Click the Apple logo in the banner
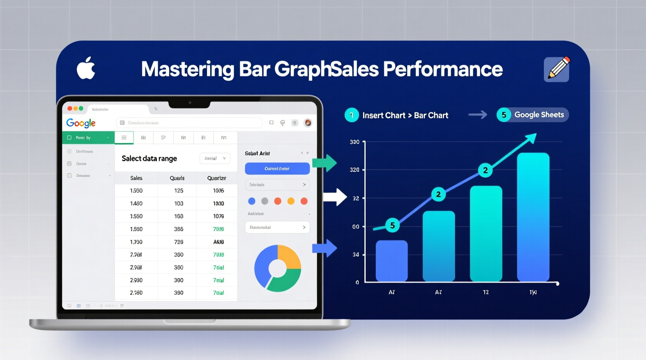click(86, 68)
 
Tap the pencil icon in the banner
click(557, 69)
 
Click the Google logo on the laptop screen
click(81, 123)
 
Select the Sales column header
click(136, 178)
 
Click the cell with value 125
click(179, 190)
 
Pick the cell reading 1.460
click(136, 203)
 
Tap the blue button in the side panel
click(277, 169)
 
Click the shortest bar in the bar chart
click(392, 261)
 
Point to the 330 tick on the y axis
click(354, 142)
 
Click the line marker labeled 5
click(392, 225)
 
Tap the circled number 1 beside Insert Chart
click(352, 115)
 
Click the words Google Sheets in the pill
click(539, 115)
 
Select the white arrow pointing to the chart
click(335, 197)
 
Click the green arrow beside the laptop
click(325, 163)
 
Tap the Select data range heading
click(149, 158)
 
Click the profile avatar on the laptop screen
click(307, 123)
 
